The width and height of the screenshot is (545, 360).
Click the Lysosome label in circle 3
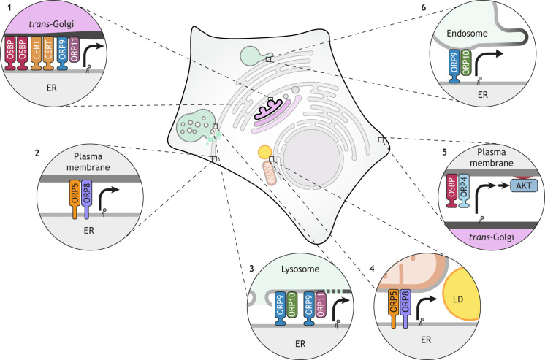[x=299, y=275]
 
